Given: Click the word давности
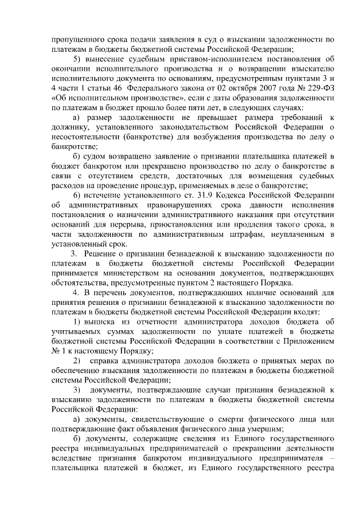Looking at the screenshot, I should pyautogui.click(x=271, y=205).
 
